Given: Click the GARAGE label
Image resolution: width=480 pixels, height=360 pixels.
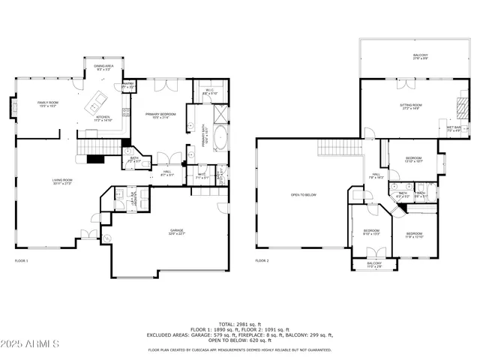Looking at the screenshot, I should [177, 234].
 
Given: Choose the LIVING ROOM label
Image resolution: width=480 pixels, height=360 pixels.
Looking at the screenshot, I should [62, 181].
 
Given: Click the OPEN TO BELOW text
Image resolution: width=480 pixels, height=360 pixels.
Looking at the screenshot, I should [304, 195].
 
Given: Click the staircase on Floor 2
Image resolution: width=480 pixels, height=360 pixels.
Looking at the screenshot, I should [337, 146].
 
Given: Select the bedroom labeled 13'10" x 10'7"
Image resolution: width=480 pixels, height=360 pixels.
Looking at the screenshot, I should [414, 159].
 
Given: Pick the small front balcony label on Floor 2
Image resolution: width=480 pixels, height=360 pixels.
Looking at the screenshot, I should [374, 265].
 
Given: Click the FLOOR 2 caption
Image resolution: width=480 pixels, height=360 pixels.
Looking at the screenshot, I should [261, 261].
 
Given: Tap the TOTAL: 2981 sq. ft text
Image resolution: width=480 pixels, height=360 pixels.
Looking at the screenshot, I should [239, 323].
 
